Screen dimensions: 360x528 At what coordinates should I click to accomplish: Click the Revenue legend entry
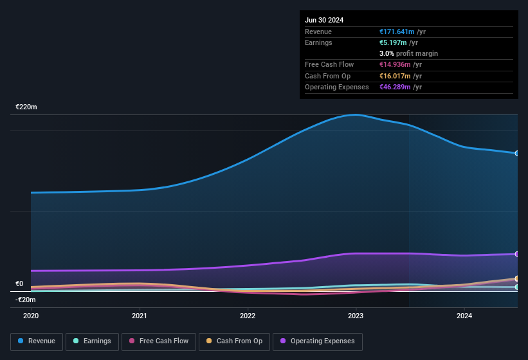coord(37,341)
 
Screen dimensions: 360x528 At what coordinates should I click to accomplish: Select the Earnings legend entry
coord(92,341)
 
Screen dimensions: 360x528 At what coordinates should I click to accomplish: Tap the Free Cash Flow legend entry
coord(159,341)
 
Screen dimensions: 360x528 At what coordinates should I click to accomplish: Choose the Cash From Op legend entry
coord(234,341)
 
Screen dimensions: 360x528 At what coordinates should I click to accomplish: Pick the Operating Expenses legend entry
coord(317,341)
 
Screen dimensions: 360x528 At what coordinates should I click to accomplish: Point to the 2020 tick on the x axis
coord(31,316)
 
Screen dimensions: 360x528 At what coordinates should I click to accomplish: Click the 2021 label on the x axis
coord(140,316)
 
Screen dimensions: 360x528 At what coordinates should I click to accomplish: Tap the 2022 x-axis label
coord(248,316)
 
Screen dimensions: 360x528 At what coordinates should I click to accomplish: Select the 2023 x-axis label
coord(356,316)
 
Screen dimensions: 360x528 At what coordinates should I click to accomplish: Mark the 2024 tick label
coord(464,316)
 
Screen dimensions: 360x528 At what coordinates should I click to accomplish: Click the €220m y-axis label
coord(26,107)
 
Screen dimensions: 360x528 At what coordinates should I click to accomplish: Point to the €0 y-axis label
coord(19,283)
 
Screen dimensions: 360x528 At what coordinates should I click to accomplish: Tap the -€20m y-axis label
coord(26,300)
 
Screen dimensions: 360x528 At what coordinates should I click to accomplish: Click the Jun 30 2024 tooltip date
coord(324,20)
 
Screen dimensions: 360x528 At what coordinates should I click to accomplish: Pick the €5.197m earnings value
coord(393,42)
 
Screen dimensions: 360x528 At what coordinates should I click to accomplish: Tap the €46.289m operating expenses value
coord(395,87)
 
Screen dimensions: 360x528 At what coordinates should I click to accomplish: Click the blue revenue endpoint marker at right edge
coord(517,153)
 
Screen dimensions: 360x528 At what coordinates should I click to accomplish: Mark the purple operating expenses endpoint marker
coord(517,254)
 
